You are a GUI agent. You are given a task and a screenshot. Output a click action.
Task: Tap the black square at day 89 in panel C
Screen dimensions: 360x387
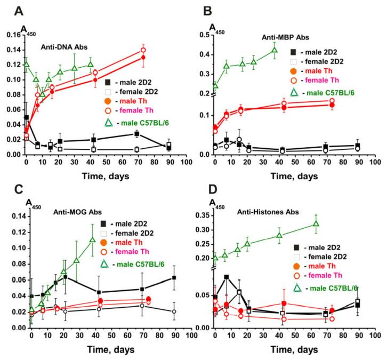click(174, 278)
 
